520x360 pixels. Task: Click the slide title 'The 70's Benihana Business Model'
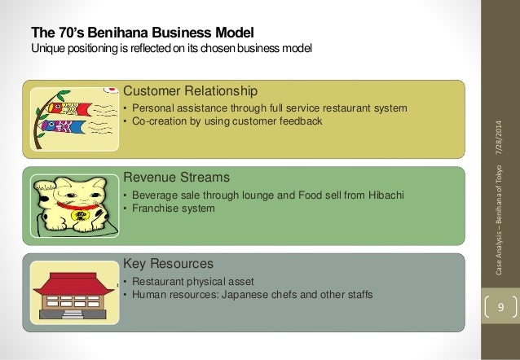(142, 33)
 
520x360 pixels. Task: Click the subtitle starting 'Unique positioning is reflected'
(171, 48)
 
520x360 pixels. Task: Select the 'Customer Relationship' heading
(190, 90)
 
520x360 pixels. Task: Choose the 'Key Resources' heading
(168, 264)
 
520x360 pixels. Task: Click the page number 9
(501, 308)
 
